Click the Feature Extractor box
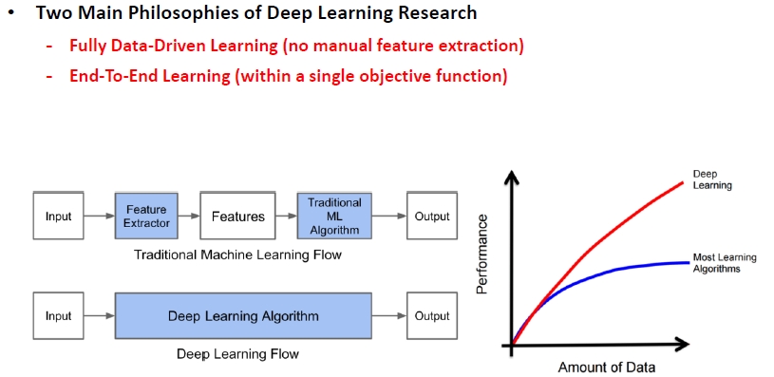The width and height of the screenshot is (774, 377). (x=146, y=217)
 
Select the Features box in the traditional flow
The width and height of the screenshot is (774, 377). (x=237, y=217)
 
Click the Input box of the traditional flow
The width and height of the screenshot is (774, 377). (x=58, y=217)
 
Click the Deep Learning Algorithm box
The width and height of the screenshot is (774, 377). (x=243, y=316)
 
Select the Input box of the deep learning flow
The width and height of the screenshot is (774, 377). (x=58, y=316)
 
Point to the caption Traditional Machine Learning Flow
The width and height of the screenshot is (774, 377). (x=237, y=254)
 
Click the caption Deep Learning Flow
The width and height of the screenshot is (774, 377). (x=237, y=354)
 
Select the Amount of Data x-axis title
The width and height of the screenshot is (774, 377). (x=607, y=367)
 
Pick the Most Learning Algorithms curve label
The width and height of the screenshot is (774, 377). (x=716, y=264)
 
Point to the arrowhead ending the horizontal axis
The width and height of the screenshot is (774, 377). (x=682, y=342)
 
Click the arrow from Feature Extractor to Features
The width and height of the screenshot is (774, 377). (x=188, y=217)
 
